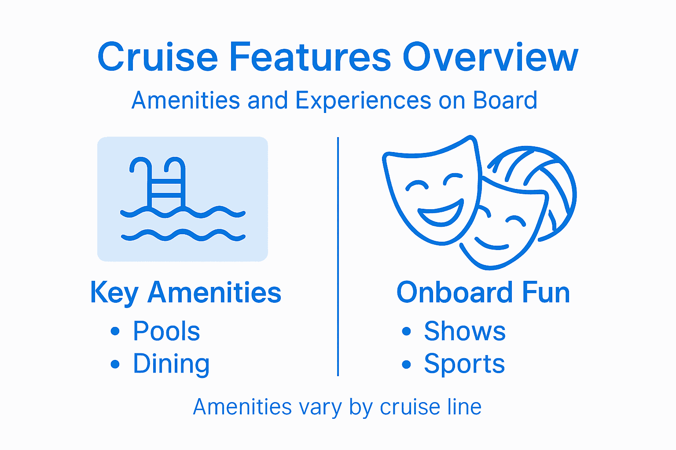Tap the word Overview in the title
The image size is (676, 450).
coord(490,57)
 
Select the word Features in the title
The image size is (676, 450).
coord(310,57)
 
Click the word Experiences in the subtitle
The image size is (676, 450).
coord(363,101)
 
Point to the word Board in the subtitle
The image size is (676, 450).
coord(505,100)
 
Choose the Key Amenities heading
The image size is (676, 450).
coord(185,293)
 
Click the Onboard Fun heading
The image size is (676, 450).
coord(483,293)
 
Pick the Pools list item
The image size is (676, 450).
coord(166,331)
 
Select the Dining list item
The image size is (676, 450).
coord(171,364)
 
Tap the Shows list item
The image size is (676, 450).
coord(465,331)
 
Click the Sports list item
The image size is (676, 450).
coord(464,364)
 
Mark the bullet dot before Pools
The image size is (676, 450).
coord(115,331)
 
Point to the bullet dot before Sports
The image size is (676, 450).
coord(406,364)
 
